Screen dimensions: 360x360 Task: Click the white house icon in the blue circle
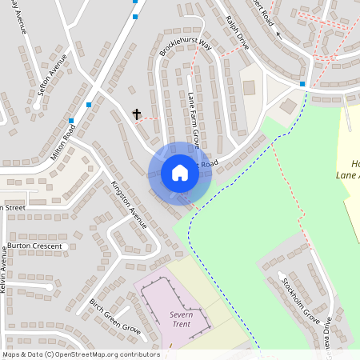click(180, 173)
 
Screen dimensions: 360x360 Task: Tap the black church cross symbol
click(137, 114)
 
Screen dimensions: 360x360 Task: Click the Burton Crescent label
click(34, 246)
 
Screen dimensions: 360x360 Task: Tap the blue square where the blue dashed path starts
click(302, 84)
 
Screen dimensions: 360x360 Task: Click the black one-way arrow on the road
click(278, 34)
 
